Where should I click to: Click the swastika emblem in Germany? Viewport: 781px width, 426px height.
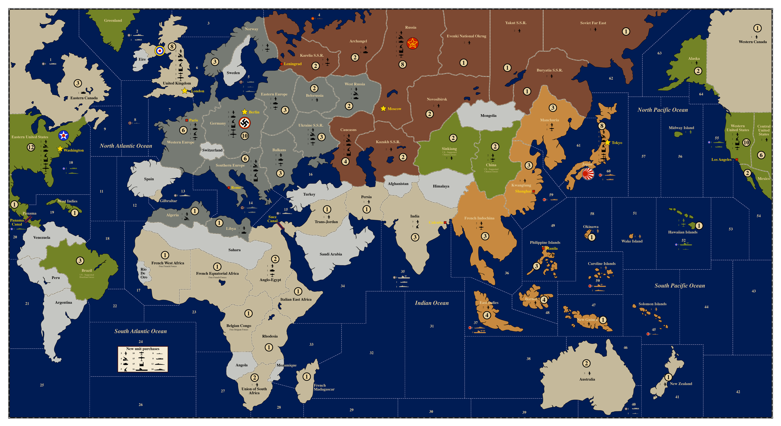click(x=244, y=123)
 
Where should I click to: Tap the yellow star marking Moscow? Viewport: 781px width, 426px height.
click(x=383, y=108)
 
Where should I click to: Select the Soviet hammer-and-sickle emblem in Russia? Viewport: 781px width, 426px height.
click(x=412, y=43)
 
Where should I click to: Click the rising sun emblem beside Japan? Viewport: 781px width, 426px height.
click(x=588, y=174)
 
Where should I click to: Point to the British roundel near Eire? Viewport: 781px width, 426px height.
click(x=160, y=51)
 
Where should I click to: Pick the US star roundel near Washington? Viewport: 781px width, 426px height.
click(x=63, y=136)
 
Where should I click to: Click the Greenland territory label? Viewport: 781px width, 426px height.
click(x=113, y=20)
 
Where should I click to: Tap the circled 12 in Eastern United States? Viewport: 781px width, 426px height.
click(x=31, y=147)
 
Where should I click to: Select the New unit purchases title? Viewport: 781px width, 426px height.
click(x=143, y=349)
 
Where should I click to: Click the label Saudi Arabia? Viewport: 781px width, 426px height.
click(x=330, y=254)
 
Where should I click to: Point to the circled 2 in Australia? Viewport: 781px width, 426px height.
click(x=586, y=363)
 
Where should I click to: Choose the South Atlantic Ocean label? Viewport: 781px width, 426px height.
click(x=140, y=331)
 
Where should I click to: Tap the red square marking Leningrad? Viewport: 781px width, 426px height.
click(x=282, y=64)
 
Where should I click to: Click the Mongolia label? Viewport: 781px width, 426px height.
click(x=488, y=116)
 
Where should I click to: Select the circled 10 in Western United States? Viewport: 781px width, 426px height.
click(x=746, y=142)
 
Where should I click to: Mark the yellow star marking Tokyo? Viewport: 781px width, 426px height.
click(x=607, y=143)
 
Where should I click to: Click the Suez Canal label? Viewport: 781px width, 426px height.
click(x=272, y=219)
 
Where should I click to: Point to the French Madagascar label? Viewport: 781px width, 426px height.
click(x=324, y=387)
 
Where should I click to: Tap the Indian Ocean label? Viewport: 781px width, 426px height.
click(x=431, y=303)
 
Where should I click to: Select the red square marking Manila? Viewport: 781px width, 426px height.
click(x=543, y=248)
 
